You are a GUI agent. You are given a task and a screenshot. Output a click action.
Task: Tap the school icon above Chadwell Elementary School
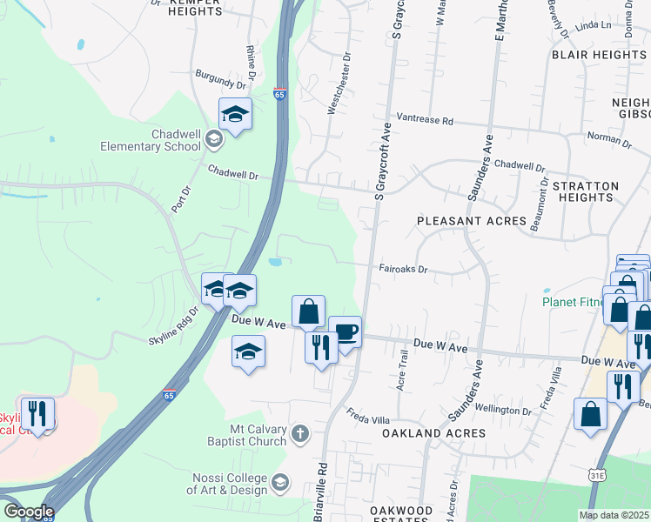(235, 115)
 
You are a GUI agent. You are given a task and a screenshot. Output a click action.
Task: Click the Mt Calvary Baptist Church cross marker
(300, 433)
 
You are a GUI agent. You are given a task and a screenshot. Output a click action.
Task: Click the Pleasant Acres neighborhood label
(472, 221)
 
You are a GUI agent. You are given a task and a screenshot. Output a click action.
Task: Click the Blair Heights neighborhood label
(599, 54)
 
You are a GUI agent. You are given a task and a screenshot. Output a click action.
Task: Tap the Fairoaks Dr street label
(404, 270)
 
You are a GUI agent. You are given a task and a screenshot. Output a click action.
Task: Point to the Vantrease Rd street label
(426, 119)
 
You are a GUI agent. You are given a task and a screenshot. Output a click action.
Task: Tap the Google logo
(29, 512)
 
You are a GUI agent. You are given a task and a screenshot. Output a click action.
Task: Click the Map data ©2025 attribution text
(614, 515)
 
